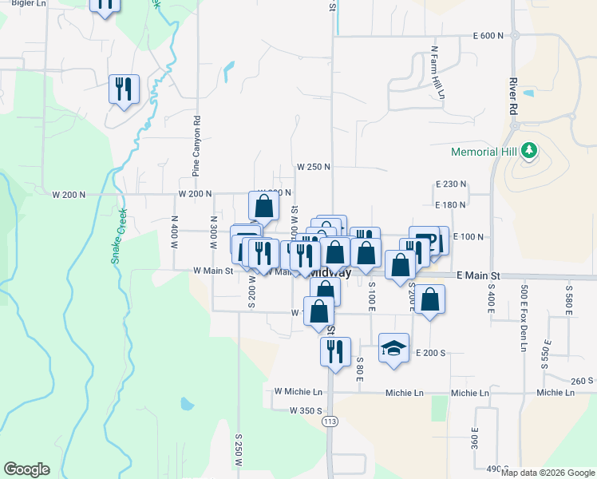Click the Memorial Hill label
[484, 151]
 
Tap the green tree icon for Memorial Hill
[528, 150]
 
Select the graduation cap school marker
[393, 349]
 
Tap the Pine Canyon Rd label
[196, 147]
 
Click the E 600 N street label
[488, 36]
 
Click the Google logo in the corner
[26, 469]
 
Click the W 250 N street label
[314, 167]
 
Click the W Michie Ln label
[298, 392]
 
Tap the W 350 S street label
[306, 410]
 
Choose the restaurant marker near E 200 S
[335, 350]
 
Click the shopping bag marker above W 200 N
[264, 206]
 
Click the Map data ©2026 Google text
[548, 473]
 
